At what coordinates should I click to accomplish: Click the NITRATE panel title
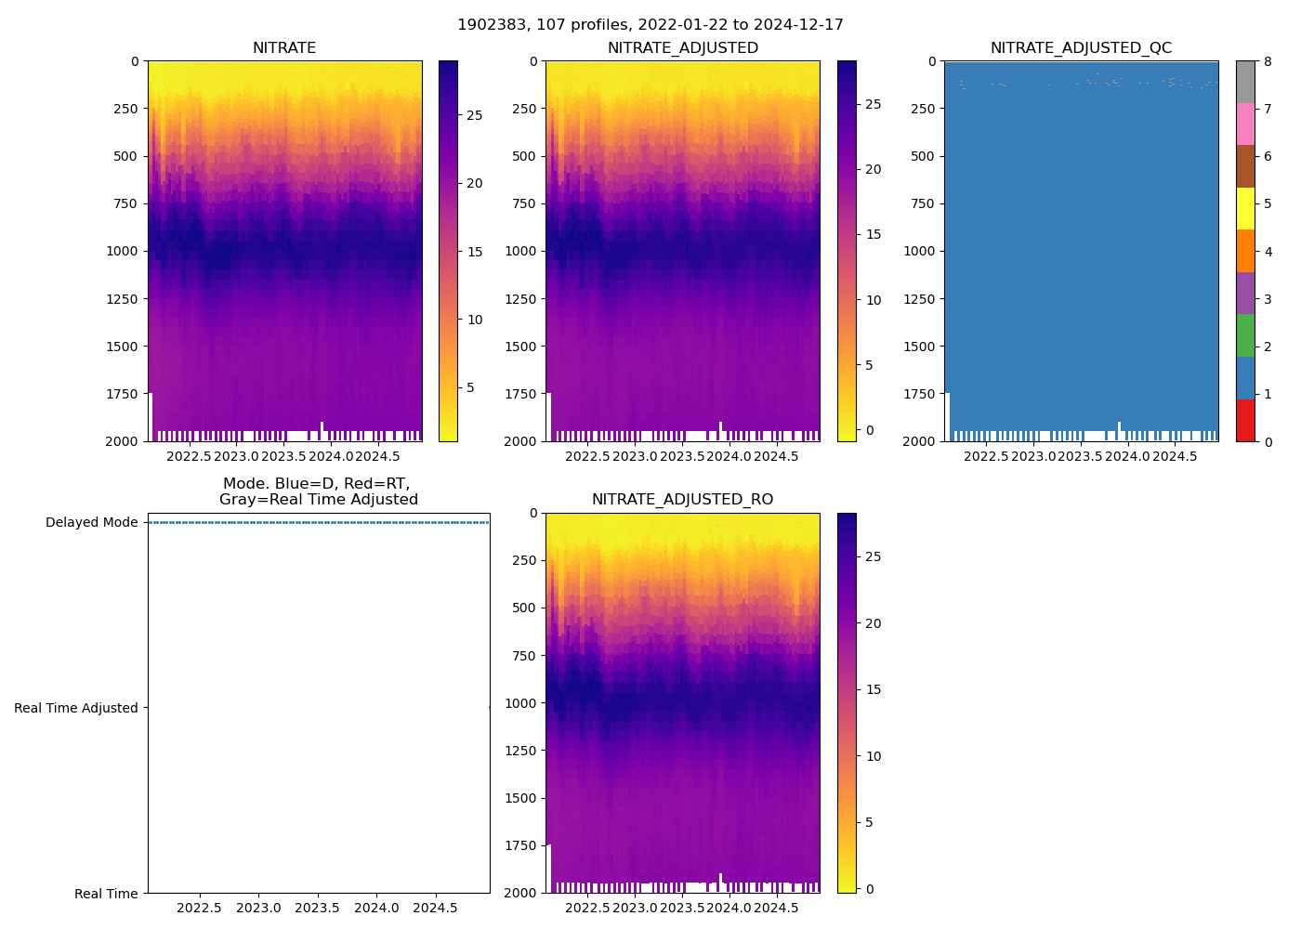(x=284, y=48)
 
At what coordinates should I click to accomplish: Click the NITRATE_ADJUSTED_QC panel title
(x=1081, y=48)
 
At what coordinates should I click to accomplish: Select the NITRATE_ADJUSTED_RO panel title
(x=682, y=500)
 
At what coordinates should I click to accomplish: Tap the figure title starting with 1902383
(x=650, y=25)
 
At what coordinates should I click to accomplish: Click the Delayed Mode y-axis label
(x=91, y=522)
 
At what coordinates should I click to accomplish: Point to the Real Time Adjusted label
(x=76, y=708)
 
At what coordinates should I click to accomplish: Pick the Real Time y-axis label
(x=106, y=894)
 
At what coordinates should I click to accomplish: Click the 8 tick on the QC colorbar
(x=1268, y=61)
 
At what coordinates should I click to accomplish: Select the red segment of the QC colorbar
(x=1245, y=420)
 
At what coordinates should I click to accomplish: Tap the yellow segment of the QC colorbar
(x=1245, y=209)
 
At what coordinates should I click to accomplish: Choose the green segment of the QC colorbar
(x=1245, y=335)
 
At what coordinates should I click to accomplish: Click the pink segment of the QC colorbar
(x=1245, y=124)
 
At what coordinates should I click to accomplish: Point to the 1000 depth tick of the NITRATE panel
(x=122, y=251)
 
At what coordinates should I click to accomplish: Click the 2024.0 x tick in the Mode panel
(x=376, y=908)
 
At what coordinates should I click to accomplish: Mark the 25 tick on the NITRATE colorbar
(x=474, y=115)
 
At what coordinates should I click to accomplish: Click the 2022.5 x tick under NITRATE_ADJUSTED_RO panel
(x=587, y=908)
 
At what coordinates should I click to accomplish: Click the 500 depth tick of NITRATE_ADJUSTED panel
(x=524, y=156)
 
